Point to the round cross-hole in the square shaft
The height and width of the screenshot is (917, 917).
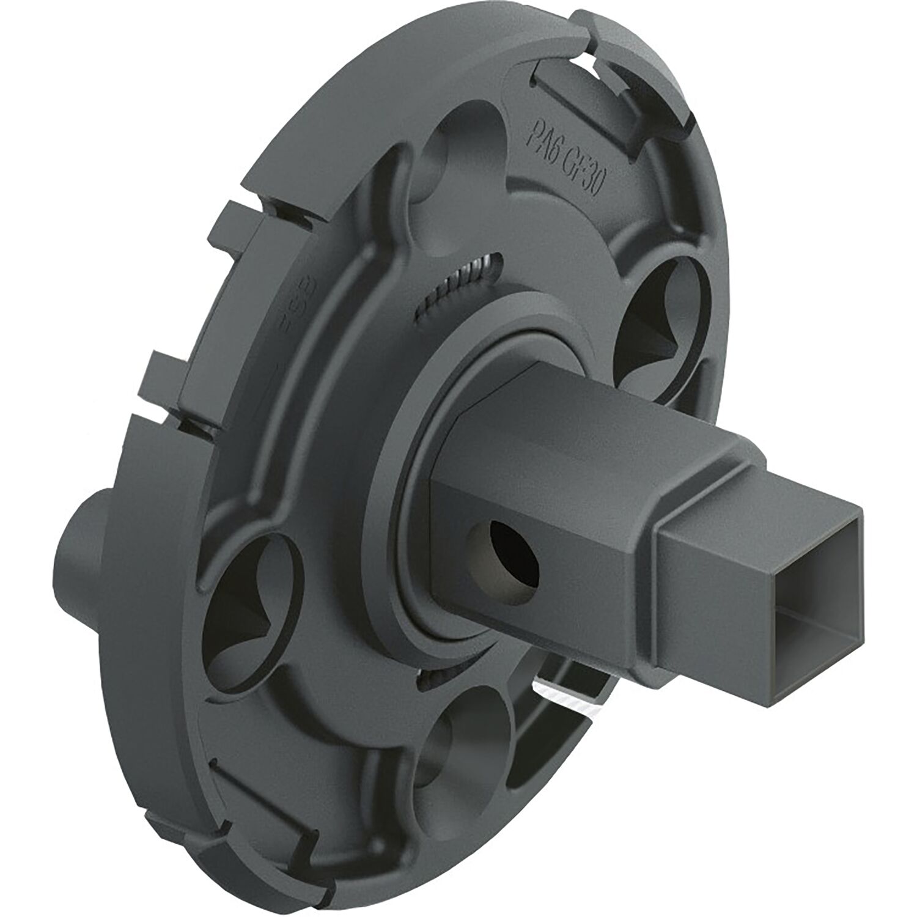pyautogui.click(x=505, y=550)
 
